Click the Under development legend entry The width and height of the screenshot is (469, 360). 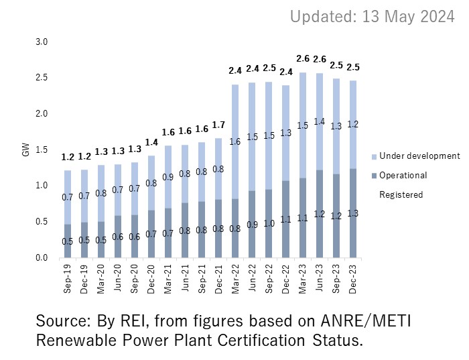[x=415, y=156]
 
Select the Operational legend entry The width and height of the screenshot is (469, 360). [x=399, y=176]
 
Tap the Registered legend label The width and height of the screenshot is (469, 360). [x=401, y=195]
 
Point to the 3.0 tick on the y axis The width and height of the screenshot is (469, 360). [x=42, y=42]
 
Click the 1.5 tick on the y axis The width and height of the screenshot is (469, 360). [x=42, y=149]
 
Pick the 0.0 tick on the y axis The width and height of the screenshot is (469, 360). [x=42, y=257]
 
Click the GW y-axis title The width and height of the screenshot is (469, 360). [x=26, y=149]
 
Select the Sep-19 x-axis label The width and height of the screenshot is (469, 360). [x=68, y=279]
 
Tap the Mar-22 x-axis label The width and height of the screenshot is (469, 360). [x=235, y=279]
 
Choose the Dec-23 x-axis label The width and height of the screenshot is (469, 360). [x=353, y=279]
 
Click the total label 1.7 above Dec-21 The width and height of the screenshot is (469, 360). [x=218, y=125]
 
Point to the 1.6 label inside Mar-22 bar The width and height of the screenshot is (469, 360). [x=235, y=141]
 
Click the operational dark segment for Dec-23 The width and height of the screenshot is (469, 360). [x=353, y=213]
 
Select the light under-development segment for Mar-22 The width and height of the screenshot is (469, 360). [x=235, y=142]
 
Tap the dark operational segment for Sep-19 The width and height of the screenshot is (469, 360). [x=68, y=241]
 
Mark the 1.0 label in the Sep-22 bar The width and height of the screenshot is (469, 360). [x=269, y=223]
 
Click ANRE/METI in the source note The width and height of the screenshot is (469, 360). [x=366, y=321]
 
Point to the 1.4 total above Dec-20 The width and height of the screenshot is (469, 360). [x=151, y=142]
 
